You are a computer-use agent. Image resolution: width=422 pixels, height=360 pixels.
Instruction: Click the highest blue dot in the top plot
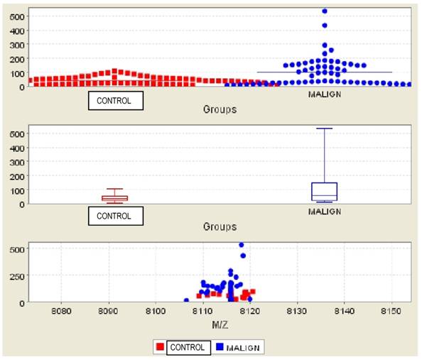click(325, 11)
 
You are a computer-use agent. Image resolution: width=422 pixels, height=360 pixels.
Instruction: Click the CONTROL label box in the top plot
click(115, 101)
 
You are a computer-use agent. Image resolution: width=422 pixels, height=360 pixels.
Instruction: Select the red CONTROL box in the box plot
click(114, 198)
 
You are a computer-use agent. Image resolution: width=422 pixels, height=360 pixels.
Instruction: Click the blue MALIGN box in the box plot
click(324, 192)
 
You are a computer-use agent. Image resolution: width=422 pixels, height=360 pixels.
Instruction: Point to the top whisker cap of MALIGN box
click(324, 129)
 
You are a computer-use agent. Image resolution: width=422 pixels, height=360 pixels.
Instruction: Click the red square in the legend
click(161, 347)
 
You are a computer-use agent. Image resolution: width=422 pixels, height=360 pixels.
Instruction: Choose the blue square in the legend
click(219, 347)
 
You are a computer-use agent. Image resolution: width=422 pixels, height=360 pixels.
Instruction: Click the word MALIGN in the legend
click(244, 347)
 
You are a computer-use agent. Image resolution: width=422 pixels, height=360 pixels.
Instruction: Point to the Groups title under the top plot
click(220, 110)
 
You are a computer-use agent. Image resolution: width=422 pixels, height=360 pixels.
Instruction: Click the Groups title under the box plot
click(220, 227)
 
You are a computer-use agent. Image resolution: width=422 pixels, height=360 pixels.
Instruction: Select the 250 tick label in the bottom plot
click(16, 276)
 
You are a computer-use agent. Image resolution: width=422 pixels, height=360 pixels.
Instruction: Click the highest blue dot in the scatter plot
click(241, 246)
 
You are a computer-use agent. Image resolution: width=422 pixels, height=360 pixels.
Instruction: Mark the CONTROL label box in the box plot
click(115, 215)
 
